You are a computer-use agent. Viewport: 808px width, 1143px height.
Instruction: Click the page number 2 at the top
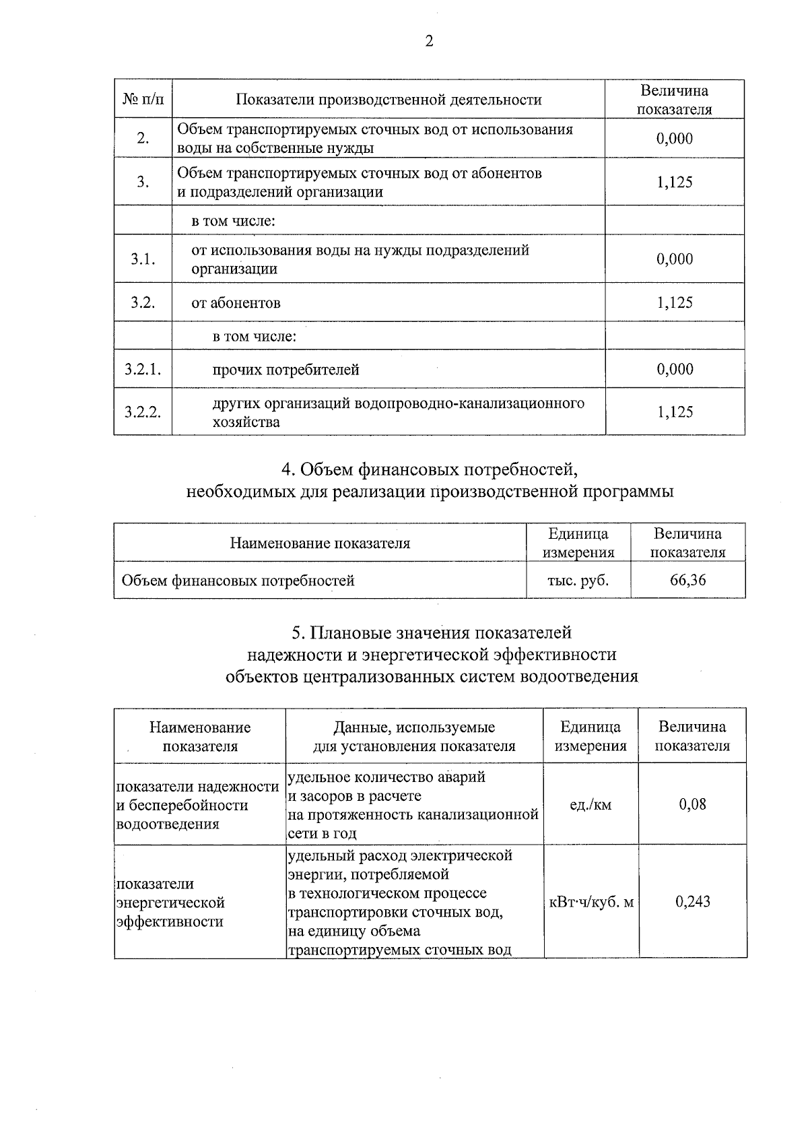coord(429,42)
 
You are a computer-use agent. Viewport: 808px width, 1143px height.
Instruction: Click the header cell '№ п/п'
coord(143,100)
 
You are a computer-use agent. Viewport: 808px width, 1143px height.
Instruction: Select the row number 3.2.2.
coord(143,412)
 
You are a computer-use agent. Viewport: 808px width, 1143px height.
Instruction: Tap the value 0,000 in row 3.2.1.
coord(675,369)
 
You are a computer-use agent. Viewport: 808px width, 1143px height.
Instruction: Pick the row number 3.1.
coord(143,259)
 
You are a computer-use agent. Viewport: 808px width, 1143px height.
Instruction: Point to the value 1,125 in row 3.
coord(675,182)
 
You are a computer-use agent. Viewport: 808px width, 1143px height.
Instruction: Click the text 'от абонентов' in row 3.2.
coord(236,303)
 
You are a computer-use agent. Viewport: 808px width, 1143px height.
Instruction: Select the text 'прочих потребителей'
coord(285,370)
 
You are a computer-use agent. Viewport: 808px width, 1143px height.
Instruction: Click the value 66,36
coord(687,580)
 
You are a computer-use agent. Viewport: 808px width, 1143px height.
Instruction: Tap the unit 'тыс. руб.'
coord(578,580)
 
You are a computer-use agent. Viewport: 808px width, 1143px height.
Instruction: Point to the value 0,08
coord(692,804)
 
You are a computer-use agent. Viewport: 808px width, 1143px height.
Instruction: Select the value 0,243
coord(692,901)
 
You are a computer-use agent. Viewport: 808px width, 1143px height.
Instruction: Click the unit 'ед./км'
coord(591,804)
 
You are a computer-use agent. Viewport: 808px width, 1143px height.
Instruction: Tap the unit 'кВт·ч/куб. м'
coord(591,902)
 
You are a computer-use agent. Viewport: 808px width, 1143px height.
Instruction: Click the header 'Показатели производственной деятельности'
coord(389,100)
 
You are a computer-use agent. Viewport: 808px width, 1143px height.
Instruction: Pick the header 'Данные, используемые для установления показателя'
coord(414,736)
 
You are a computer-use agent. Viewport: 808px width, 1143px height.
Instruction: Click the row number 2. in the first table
coord(143,139)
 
